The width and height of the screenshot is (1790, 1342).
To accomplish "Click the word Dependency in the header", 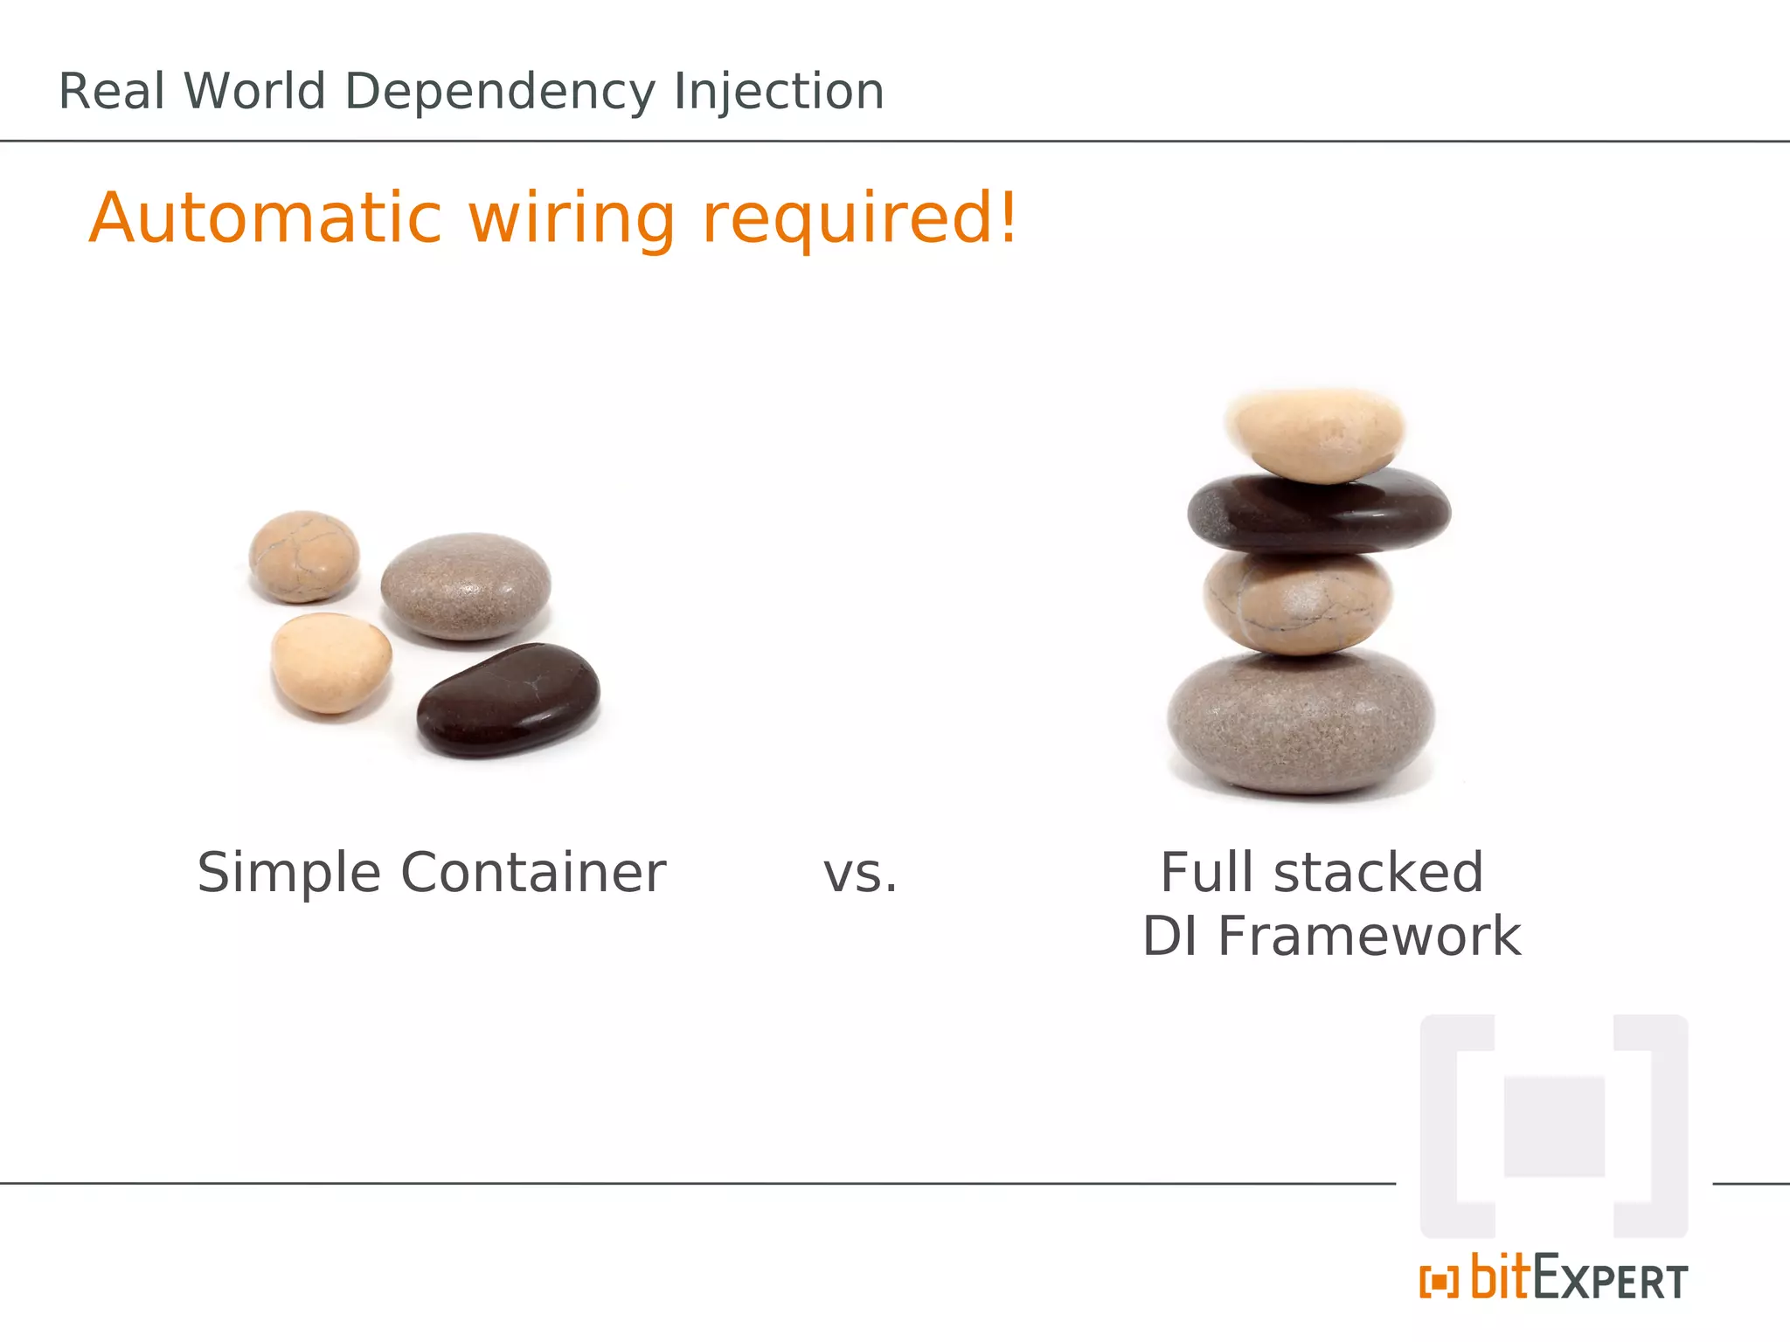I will tap(499, 92).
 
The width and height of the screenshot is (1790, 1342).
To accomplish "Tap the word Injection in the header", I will tap(779, 92).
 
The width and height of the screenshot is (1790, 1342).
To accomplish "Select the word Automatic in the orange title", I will tap(266, 218).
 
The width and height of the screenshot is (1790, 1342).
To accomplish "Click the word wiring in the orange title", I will tap(572, 218).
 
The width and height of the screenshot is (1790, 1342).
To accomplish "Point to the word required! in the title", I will tap(860, 218).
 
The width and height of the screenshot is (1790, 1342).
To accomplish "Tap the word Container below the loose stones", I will tap(533, 873).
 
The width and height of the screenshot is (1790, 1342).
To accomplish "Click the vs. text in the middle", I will tap(860, 875).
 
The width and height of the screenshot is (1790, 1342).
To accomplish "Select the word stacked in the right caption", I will tap(1378, 873).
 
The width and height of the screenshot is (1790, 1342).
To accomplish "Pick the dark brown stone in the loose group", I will tap(509, 700).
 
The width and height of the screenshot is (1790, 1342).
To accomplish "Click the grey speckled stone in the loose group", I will tap(466, 586).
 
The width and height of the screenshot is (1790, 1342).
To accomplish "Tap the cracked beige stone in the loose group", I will tap(303, 557).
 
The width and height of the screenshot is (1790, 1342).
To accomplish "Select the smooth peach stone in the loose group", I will tap(330, 662).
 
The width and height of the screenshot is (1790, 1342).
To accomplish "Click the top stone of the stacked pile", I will tap(1316, 435).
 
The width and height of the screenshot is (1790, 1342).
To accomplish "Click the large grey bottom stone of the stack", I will tap(1301, 722).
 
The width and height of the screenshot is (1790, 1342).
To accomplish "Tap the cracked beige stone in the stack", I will tap(1298, 603).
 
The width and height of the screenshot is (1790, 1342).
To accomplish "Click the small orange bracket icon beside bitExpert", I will tap(1439, 1281).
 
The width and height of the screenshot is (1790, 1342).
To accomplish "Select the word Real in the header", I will tap(111, 92).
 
